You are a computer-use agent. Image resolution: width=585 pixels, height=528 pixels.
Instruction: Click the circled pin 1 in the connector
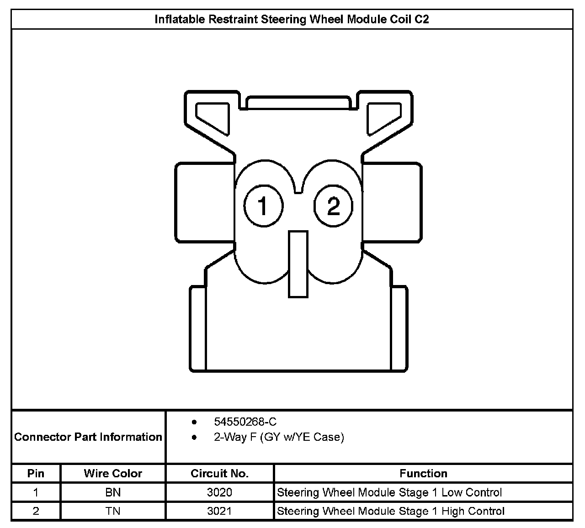point(263,206)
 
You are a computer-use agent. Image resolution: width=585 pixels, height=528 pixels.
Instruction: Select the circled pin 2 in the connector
point(333,206)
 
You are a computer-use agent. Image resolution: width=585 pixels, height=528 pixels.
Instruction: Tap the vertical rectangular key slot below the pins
point(298,264)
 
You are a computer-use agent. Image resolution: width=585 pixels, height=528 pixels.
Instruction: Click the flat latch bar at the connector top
point(298,103)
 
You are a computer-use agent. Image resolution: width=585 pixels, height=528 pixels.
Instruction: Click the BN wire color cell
point(113,492)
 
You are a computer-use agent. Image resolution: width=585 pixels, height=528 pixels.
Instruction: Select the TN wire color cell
point(113,511)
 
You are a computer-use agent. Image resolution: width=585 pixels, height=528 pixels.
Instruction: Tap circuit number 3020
point(219,492)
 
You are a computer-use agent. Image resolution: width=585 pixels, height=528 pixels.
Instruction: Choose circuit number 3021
point(219,511)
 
